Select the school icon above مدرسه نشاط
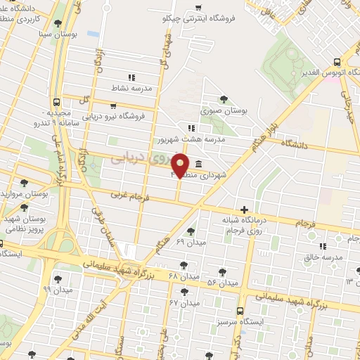coord(130,78)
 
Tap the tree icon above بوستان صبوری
coord(224,99)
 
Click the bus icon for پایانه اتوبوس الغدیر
coord(337,61)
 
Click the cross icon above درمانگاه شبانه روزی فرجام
coord(244,209)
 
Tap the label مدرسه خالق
coord(322,258)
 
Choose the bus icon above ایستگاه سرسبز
coord(241,310)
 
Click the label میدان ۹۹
coord(57,289)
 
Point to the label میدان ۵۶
coord(223,283)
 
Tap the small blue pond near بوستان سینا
coord(93,33)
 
